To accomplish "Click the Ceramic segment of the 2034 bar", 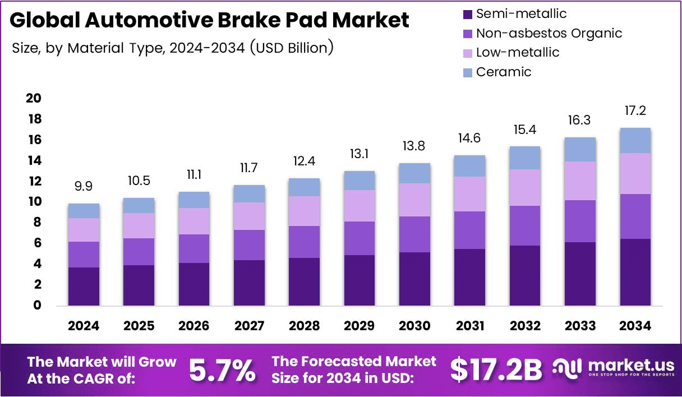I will coord(635,141).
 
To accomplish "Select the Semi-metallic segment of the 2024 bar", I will coord(84,287).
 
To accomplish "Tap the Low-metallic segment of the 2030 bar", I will coord(414,200).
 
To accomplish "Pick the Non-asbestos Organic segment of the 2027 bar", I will coord(249,245).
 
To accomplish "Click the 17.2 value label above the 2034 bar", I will coord(635,110).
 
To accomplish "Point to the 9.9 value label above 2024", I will coord(84,186).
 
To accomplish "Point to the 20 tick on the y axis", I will coord(34,99).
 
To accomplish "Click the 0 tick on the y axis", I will coord(37,306).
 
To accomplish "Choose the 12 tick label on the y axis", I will coord(34,181).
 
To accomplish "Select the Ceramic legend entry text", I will coord(503,72).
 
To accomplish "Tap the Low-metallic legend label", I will coord(517,53).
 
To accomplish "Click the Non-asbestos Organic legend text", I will coord(549,33).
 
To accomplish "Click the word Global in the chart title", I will coord(44,21).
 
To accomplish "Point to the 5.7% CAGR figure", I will coord(222,370).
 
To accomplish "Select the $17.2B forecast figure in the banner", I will coord(496,370).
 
